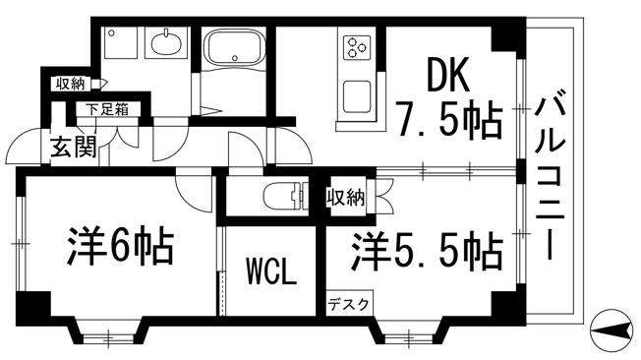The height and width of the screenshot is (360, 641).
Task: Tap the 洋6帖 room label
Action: click(x=121, y=245)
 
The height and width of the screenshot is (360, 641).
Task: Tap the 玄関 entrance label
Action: click(x=68, y=150)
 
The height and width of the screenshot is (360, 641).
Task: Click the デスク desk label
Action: click(x=349, y=304)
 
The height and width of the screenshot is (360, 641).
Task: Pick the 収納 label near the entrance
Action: click(x=71, y=84)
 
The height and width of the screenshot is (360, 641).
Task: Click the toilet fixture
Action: click(x=285, y=195)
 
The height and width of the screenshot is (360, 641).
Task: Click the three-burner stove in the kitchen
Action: click(x=355, y=46)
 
